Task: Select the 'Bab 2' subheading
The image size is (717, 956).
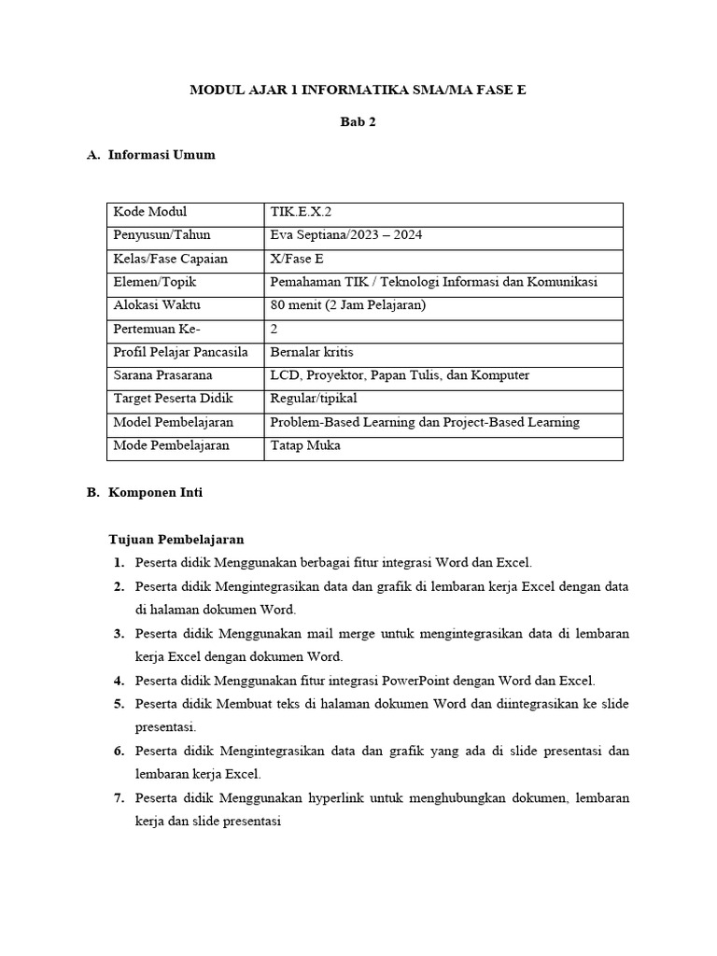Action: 358,122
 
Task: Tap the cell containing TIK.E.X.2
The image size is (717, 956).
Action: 300,212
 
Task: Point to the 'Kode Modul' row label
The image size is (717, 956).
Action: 150,212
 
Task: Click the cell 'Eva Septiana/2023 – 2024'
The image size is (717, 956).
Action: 345,235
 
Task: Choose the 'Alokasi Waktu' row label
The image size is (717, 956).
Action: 156,305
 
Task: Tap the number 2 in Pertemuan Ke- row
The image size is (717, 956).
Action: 274,329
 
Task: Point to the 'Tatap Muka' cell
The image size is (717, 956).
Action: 304,445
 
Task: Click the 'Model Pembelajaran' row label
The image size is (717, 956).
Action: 173,422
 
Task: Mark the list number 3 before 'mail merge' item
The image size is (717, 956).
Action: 119,634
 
